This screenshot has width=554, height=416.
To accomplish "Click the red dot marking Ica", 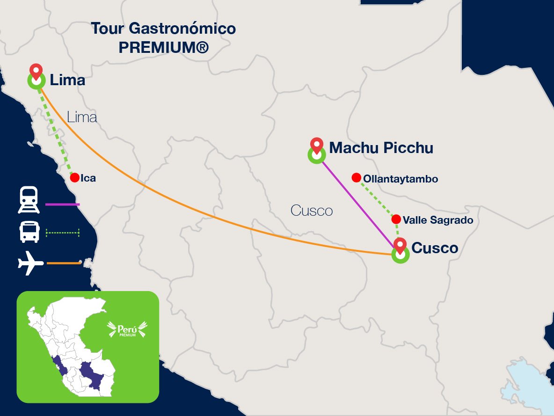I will point(74,178).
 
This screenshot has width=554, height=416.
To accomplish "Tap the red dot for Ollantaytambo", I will point(356,177).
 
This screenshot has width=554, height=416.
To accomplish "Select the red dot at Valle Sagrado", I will point(396,219).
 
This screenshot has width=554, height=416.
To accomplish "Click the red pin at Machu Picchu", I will point(317,146).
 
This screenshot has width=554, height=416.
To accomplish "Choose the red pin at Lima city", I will point(36,72).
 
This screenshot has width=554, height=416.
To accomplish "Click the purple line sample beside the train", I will point(63,204).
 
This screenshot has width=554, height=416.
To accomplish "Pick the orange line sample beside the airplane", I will point(64,263).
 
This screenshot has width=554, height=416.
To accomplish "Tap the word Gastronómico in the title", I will point(182,29).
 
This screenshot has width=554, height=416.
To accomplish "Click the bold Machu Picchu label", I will point(381,148).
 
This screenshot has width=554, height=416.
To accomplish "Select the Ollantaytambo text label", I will point(401,179).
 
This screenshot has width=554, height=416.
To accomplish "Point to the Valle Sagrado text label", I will point(438,220).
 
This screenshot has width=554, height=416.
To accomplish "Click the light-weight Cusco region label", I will point(312,211).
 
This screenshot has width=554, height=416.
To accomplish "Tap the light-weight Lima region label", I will point(82,117).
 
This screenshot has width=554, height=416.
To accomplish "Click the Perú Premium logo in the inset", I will point(128,328).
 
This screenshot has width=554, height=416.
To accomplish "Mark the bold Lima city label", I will point(67,80).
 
